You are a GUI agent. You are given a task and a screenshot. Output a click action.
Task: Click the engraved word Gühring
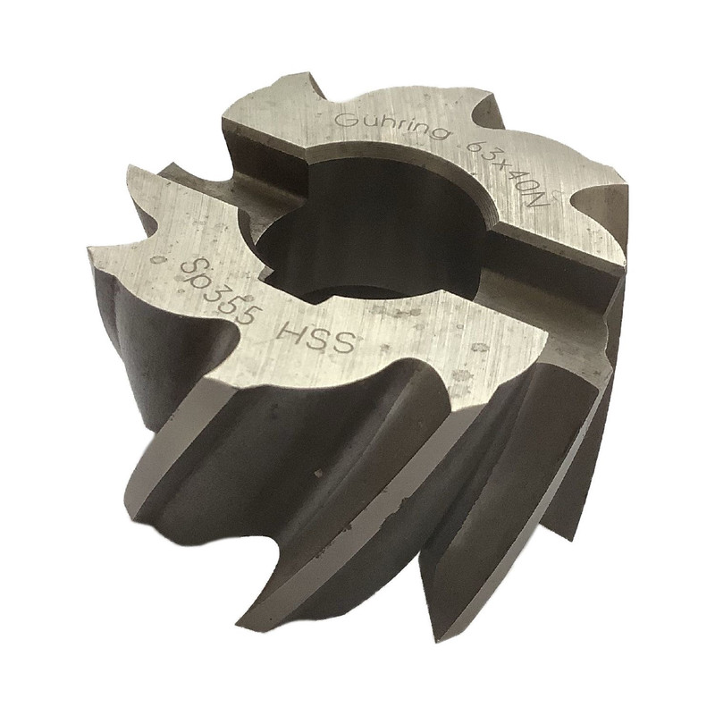tap(391, 127)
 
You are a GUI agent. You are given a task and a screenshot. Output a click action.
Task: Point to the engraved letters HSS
tap(316, 339)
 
